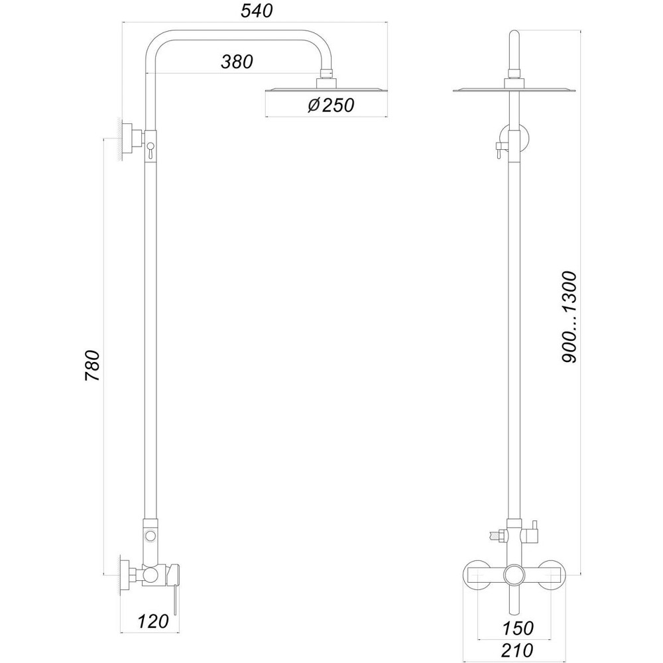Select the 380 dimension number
pos(237,62)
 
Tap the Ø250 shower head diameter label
pos(331,105)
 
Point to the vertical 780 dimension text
pos(93,365)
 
